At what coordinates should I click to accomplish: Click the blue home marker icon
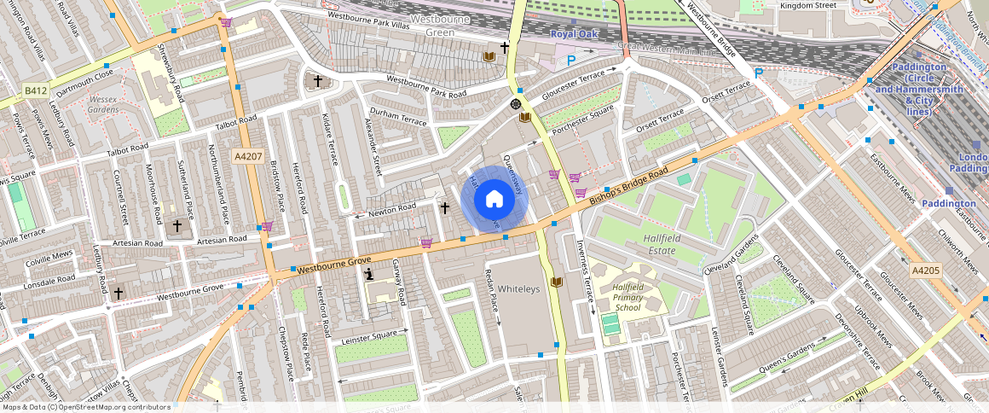point(494,201)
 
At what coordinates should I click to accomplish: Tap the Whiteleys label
point(518,289)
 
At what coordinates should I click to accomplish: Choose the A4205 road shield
point(925,270)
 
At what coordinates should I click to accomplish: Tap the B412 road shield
point(36,90)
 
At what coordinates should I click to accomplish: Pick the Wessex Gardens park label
point(103,104)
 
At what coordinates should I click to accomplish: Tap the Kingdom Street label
point(809,5)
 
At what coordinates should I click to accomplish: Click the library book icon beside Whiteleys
point(557,282)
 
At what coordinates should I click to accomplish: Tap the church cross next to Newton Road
point(444,207)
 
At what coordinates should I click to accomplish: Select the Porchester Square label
point(583,121)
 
